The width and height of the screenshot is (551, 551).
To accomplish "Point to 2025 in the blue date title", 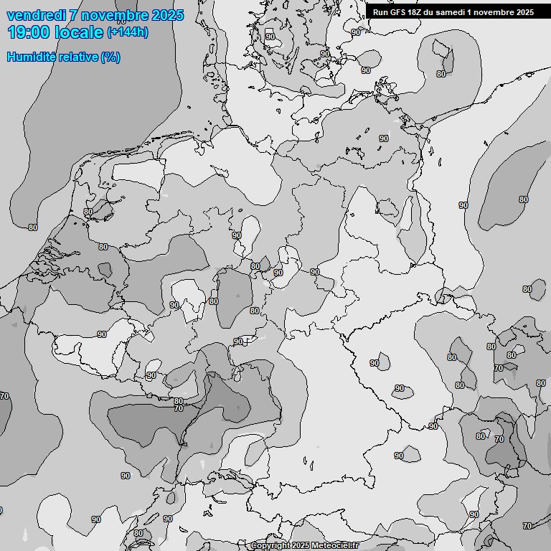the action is point(167,15).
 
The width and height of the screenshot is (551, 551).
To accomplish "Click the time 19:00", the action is point(29,32).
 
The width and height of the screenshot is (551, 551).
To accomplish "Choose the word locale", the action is point(78,32).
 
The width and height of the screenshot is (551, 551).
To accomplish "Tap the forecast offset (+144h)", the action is point(128,32).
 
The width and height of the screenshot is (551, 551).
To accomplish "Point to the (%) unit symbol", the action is point(110,57).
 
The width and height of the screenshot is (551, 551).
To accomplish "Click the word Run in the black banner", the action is point(380,12).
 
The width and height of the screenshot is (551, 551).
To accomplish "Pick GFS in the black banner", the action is point(397,12).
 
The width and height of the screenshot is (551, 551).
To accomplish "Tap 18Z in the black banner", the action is point(414,12).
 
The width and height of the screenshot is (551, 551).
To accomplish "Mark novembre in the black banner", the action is point(493,12).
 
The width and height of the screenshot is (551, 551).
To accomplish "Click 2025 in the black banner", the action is point(524,12).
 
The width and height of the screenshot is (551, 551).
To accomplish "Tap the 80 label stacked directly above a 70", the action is point(178,401).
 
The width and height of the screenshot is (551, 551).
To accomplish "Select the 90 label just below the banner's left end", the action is point(356,32).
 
